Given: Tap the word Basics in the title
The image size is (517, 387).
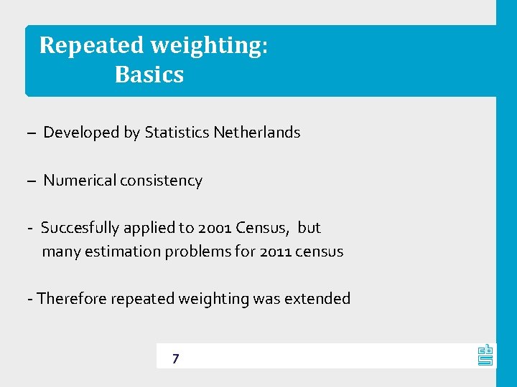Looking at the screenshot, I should tap(149, 75).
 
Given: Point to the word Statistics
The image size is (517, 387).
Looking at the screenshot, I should tap(177, 133).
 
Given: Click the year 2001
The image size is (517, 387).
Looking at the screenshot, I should tap(217, 228).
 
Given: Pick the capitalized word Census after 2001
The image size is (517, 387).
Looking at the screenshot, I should tap(264, 228).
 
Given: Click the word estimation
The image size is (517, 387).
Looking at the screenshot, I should tap(124, 252).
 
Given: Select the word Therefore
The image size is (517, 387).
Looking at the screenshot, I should tap(71, 299).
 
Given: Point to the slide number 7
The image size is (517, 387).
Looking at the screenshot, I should tap(175, 358).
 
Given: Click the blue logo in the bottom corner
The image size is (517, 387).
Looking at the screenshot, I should tap(485, 354).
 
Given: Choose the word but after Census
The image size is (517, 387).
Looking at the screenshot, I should tap(309, 228).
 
